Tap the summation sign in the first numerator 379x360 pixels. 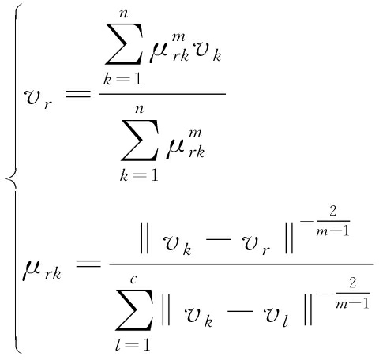(124, 44)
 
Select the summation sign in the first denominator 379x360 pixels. (140, 141)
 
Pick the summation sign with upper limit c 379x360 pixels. (134, 309)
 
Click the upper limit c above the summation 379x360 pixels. (133, 279)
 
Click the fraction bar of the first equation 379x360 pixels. (163, 93)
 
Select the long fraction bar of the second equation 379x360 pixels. (242, 264)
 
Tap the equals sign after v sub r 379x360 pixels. (78, 94)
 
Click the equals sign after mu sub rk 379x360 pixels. (88, 264)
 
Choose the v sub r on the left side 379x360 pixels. (38, 99)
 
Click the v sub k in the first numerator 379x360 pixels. (207, 53)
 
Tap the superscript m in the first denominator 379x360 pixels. (195, 133)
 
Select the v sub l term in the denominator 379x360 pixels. (276, 317)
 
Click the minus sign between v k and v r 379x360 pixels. (219, 239)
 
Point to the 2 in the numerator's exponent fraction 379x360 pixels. (333, 211)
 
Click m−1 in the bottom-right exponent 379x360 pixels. (352, 304)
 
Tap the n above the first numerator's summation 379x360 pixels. (124, 13)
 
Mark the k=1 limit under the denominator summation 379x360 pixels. (139, 175)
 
